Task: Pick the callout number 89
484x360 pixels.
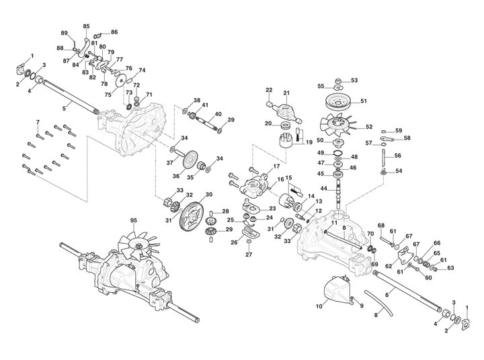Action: coord(65,33)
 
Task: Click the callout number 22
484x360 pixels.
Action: coord(268,89)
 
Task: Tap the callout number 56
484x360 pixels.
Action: coord(397,156)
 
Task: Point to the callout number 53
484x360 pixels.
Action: coord(354,80)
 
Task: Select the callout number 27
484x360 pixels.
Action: coord(248,255)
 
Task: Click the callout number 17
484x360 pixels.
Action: coord(276,166)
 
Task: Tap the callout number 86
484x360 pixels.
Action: coord(114,32)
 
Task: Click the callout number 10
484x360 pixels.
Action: coord(319,307)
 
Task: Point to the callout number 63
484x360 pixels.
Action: coord(450,268)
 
